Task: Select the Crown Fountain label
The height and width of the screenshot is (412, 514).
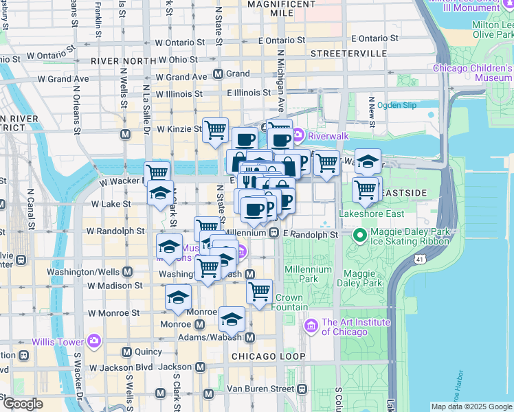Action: pos(289,302)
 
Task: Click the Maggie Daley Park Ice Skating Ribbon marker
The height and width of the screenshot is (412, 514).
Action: pos(358,235)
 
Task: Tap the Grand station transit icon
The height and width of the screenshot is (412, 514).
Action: pos(218,73)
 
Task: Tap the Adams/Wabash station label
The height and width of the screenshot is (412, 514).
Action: pos(213,337)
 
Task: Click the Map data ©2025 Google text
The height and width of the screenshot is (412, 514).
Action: pos(471,407)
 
